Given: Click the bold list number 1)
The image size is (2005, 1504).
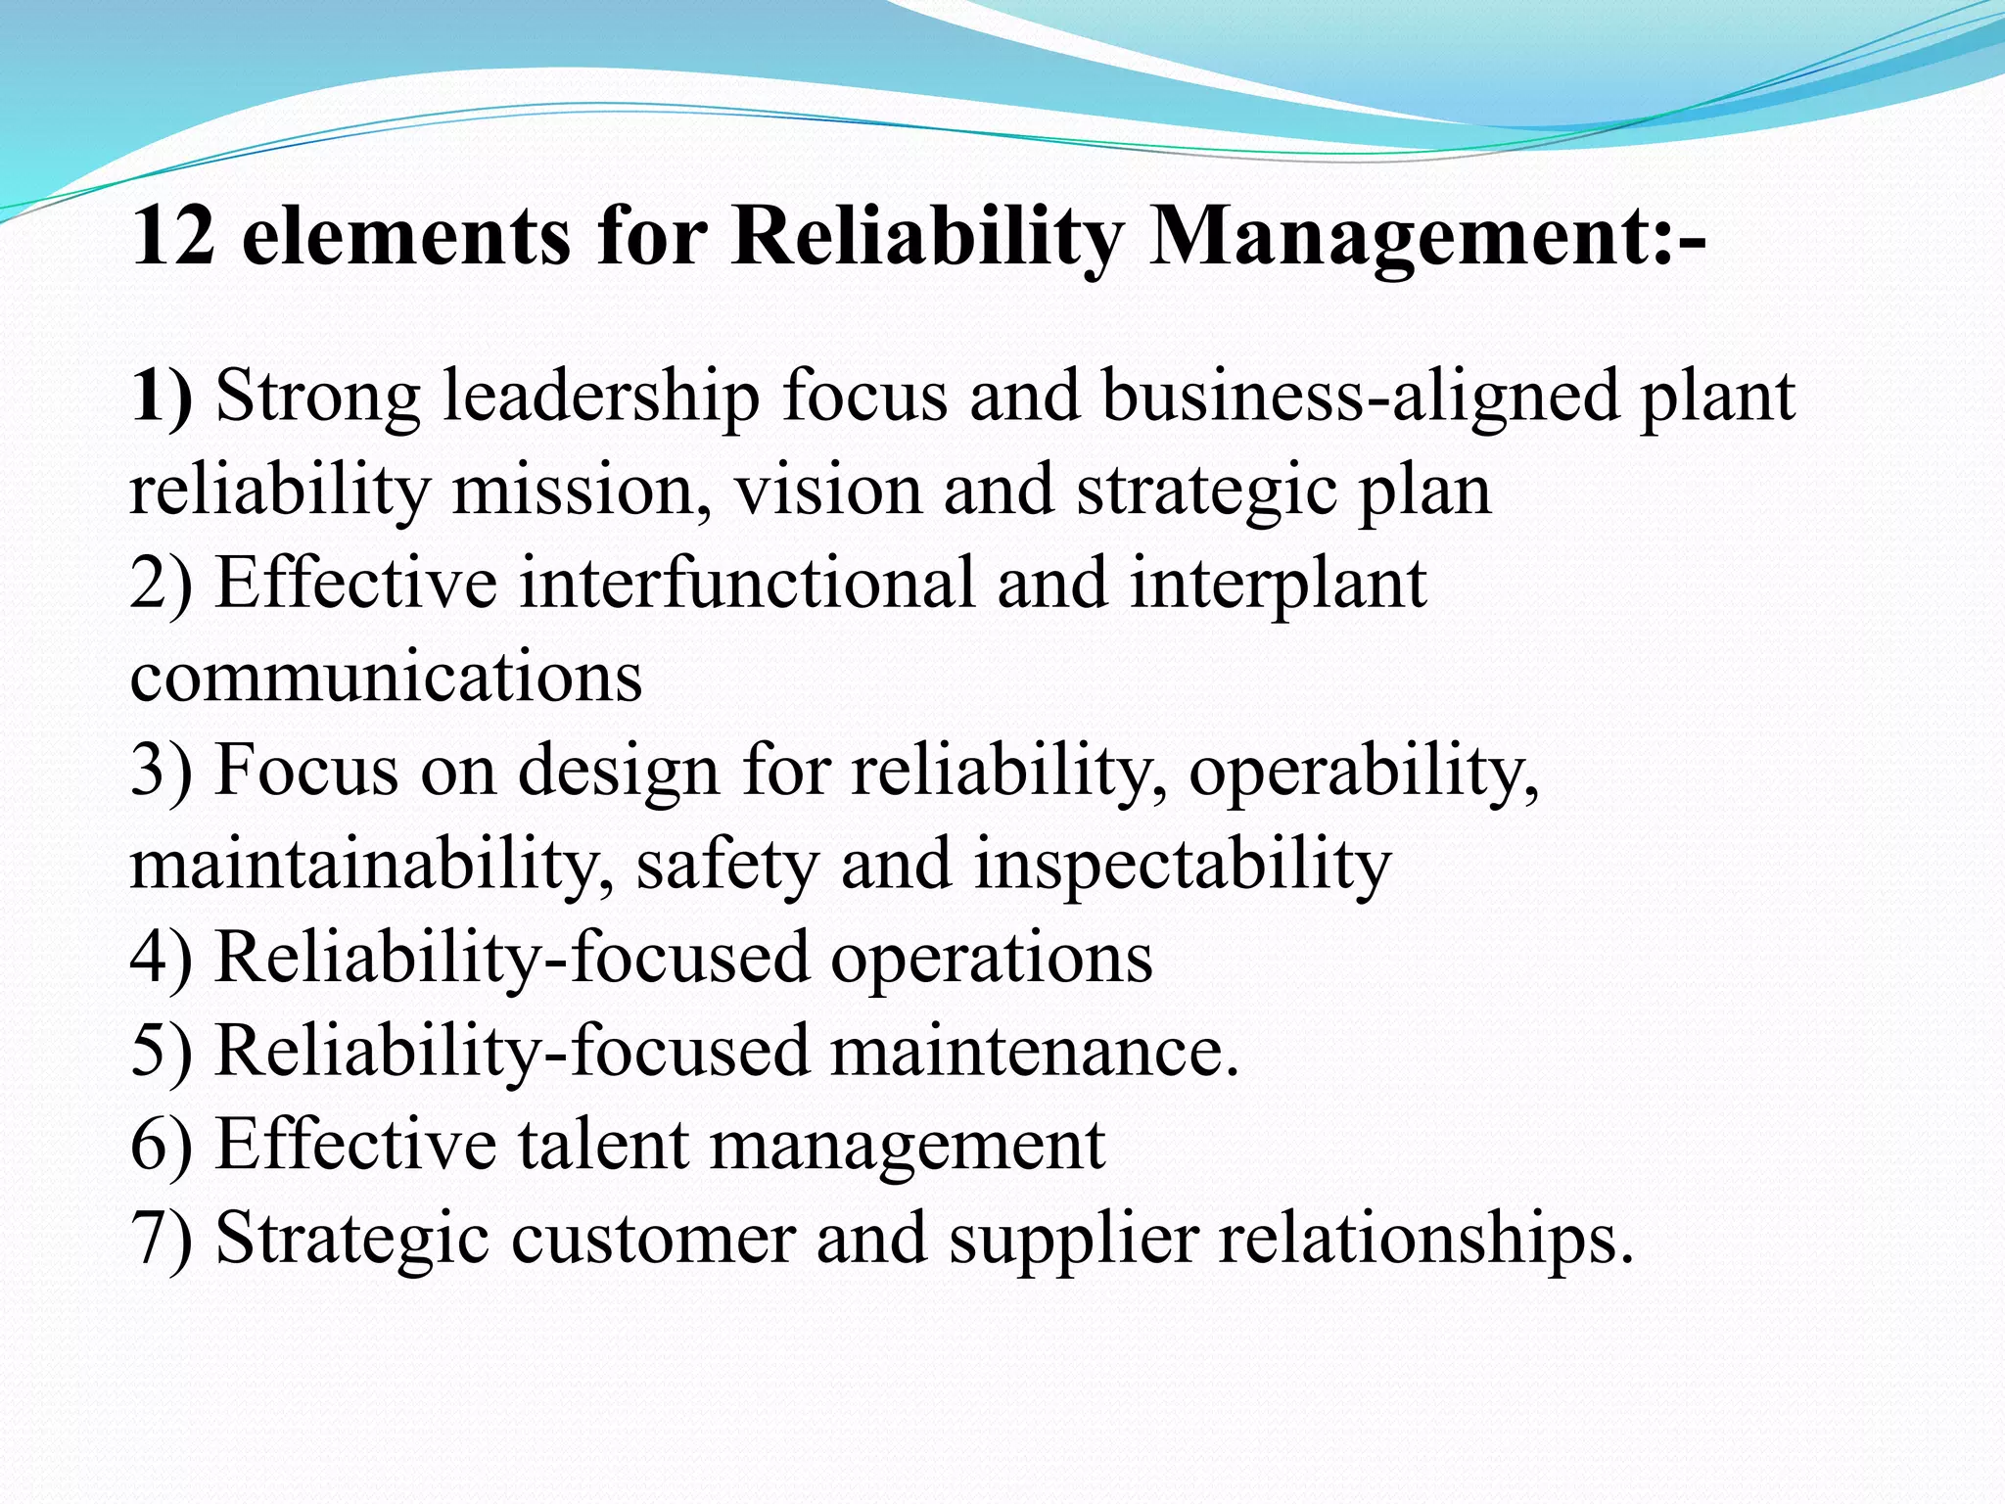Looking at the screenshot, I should (x=162, y=397).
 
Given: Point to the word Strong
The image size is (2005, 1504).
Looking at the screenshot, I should (x=318, y=397).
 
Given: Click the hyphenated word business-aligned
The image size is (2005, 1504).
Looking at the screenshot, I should (x=1360, y=397).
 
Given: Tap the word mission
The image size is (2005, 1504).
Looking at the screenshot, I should (x=582, y=490).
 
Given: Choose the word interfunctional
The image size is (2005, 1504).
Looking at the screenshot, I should (x=747, y=583).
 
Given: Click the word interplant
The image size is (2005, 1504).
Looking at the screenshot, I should (x=1278, y=583).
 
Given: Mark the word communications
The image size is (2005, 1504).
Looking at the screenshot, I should (x=386, y=676).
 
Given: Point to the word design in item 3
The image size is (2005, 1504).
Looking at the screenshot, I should (x=619, y=771).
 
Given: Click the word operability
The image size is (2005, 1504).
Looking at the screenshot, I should (x=1364, y=771).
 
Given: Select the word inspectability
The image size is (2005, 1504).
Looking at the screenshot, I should (x=1182, y=864).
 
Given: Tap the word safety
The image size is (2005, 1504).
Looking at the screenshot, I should (x=726, y=864).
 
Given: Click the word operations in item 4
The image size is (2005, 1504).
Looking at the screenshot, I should (x=992, y=957).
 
